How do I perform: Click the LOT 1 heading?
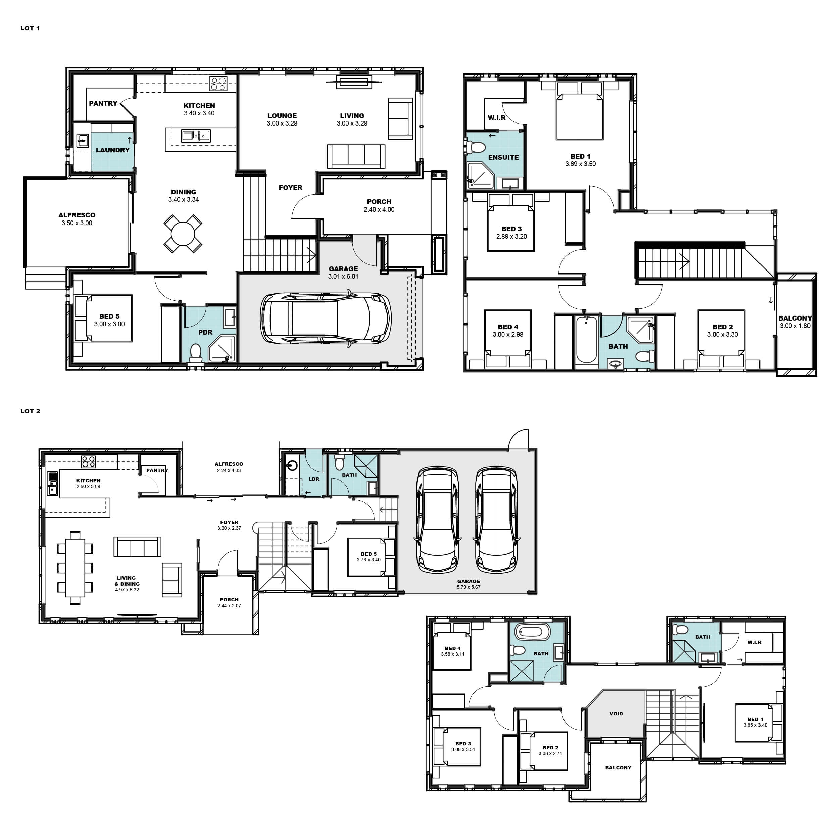click(30, 28)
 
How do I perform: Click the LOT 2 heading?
click(30, 411)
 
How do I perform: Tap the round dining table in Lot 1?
click(183, 234)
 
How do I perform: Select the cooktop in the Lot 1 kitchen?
click(218, 83)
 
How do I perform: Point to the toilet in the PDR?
click(196, 353)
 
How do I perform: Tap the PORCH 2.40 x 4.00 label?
click(379, 206)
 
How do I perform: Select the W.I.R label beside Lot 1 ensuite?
click(497, 118)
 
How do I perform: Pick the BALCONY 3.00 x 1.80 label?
click(795, 322)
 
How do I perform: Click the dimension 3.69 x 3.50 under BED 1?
click(580, 164)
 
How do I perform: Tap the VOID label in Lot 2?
click(616, 714)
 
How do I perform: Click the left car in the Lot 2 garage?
click(437, 520)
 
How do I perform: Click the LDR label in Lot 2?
click(314, 479)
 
